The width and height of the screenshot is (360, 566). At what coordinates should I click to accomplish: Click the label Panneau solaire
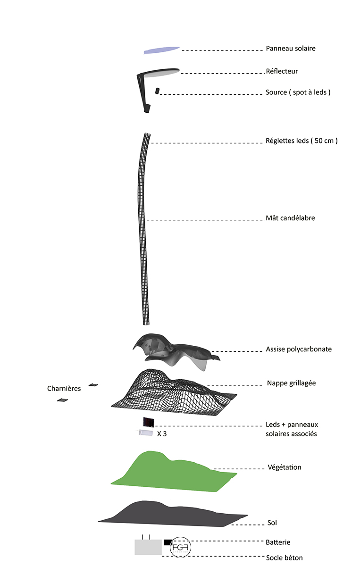[x=291, y=48]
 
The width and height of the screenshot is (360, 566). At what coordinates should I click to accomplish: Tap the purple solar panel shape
[x=161, y=50]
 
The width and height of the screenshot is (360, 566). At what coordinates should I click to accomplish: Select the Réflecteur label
[x=282, y=71]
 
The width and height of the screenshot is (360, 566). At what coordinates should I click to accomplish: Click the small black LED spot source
[x=157, y=91]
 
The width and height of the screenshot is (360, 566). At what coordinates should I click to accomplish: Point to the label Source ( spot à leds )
[x=298, y=92]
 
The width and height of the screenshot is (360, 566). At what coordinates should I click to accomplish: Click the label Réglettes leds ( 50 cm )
[x=301, y=141]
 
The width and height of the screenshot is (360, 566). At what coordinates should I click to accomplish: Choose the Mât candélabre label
[x=290, y=218]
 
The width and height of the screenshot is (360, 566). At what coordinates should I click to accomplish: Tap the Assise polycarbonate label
[x=299, y=349]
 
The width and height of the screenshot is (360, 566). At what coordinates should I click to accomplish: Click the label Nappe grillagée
[x=291, y=383]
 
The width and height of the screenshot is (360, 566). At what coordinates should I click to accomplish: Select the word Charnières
[x=64, y=388]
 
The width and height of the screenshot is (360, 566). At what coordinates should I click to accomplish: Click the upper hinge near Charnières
[x=93, y=385]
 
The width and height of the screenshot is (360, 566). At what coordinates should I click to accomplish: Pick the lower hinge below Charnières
[x=62, y=400]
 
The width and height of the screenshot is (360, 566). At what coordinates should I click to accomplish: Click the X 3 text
[x=162, y=434]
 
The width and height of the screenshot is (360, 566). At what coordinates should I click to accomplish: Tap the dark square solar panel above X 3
[x=149, y=422]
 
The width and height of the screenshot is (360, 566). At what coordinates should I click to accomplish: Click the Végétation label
[x=285, y=467]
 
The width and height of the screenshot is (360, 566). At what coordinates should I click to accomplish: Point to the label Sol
[x=272, y=523]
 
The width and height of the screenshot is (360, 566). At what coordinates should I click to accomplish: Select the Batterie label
[x=278, y=542]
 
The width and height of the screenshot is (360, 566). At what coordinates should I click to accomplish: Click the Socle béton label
[x=284, y=558]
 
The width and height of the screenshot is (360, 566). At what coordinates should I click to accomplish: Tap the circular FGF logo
[x=180, y=547]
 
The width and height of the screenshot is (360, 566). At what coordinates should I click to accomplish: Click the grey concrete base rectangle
[x=148, y=547]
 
